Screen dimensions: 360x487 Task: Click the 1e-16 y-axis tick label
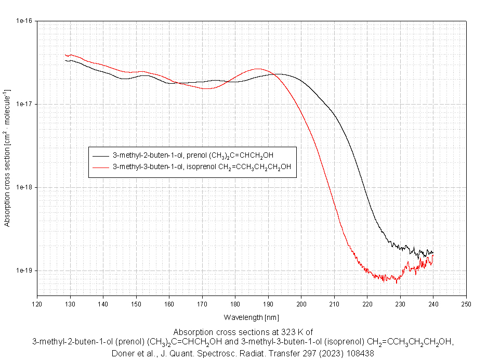pos(25,21)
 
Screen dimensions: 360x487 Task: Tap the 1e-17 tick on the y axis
pos(25,105)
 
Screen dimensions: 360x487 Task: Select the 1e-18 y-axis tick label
pos(25,188)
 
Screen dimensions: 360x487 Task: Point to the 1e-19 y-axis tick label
pos(25,271)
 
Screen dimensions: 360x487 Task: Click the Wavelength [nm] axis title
pos(252,317)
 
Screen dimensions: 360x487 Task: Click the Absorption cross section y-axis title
pos(8,159)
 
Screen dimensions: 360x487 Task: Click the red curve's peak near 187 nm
pos(258,69)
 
